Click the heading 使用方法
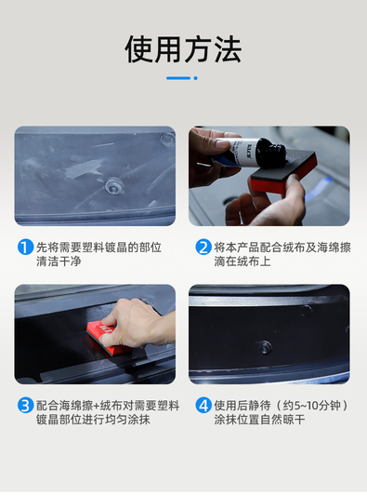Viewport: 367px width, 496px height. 183,49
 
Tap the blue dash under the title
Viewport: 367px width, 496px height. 178,78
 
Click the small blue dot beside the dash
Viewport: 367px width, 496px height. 195,78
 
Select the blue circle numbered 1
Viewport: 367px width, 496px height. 25,247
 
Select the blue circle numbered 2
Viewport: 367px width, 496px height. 203,247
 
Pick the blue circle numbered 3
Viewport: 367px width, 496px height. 25,405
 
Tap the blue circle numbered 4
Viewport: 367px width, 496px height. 203,405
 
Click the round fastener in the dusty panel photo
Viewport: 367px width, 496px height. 114,185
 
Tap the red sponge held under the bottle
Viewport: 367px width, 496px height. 283,171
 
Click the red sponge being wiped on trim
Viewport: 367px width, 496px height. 109,340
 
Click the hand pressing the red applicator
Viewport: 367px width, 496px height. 138,323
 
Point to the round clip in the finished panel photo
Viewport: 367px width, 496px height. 265,347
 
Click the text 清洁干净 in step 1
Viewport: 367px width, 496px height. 59,261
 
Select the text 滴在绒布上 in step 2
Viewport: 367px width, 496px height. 242,261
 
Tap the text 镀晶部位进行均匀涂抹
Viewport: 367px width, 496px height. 93,420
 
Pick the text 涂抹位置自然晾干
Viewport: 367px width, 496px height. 259,420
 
